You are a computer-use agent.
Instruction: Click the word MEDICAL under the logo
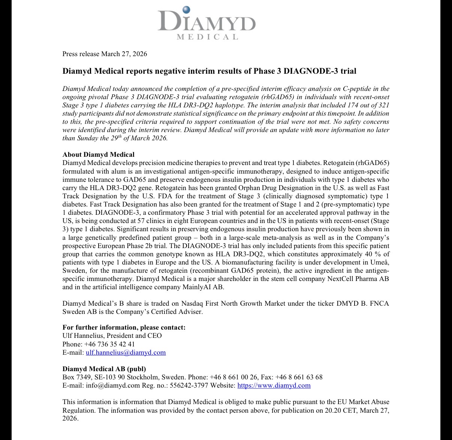[207, 37]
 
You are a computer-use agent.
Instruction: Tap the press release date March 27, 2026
[124, 54]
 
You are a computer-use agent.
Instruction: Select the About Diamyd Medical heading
[98, 155]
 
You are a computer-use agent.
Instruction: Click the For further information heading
[124, 327]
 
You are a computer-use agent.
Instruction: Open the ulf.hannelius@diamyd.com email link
[126, 352]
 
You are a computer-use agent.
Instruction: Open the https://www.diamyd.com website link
[274, 385]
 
